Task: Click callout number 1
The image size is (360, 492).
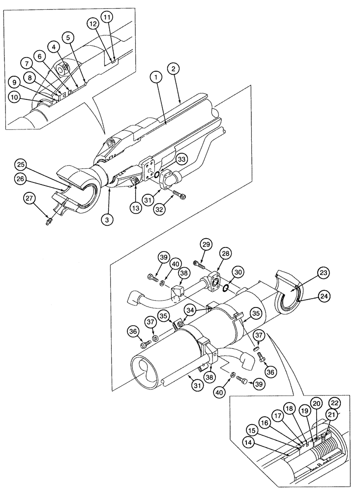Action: click(156, 77)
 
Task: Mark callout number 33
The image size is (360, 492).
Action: click(168, 160)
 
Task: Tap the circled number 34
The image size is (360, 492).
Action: click(190, 309)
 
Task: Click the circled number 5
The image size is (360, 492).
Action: click(68, 36)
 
